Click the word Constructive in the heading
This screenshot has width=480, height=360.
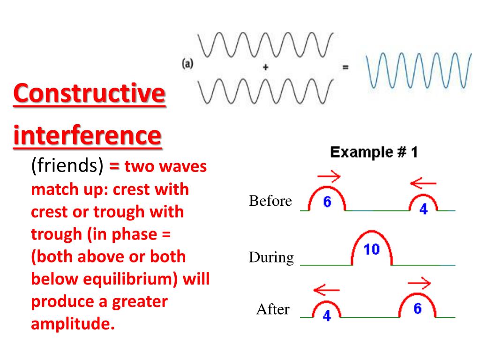pyautogui.click(x=90, y=93)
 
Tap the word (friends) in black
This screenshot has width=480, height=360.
pyautogui.click(x=67, y=165)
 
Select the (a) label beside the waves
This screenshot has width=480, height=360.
pyautogui.click(x=187, y=64)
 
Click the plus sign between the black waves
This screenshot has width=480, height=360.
pyautogui.click(x=266, y=67)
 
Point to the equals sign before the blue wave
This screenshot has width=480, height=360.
pyautogui.click(x=345, y=67)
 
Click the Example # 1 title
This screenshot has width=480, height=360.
pyautogui.click(x=374, y=152)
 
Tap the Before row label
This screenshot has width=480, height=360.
pyautogui.click(x=270, y=201)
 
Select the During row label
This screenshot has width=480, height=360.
pyautogui.click(x=271, y=257)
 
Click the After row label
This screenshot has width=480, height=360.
pyautogui.click(x=273, y=309)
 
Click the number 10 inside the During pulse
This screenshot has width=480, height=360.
pyautogui.click(x=372, y=249)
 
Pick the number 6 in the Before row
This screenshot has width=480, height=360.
pyautogui.click(x=327, y=202)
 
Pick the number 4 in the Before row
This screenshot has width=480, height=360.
pyautogui.click(x=423, y=209)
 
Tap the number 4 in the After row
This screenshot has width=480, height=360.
pyautogui.click(x=327, y=315)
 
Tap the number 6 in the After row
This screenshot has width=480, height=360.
pyautogui.click(x=418, y=308)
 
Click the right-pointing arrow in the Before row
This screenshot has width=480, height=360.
pyautogui.click(x=329, y=176)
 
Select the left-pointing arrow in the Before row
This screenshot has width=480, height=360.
pyautogui.click(x=423, y=183)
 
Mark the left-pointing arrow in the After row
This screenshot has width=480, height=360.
pyautogui.click(x=327, y=290)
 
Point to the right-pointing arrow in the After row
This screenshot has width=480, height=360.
pyautogui.click(x=420, y=283)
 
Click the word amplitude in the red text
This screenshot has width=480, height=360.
pyautogui.click(x=73, y=323)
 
